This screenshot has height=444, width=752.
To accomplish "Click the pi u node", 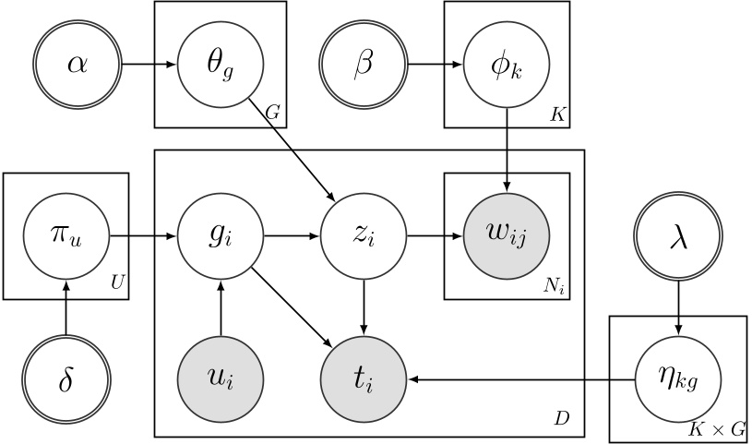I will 66,235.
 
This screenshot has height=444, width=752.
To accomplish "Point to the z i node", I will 364,235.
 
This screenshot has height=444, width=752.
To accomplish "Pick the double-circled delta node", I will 66,379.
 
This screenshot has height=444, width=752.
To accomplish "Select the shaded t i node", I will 364,379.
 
